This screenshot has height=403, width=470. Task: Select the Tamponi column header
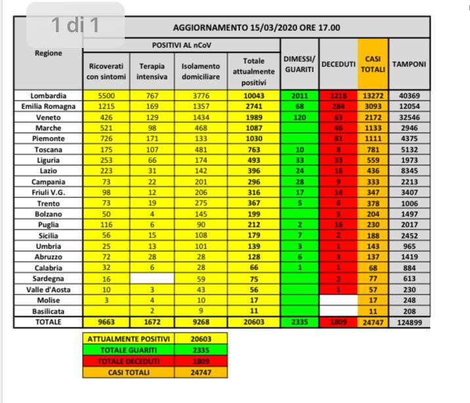point(408,64)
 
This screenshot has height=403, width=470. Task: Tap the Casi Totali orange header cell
point(372,64)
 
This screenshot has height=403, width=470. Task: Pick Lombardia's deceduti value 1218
point(338,95)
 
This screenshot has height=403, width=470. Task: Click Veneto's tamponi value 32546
point(408,116)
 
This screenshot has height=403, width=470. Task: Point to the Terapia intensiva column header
point(152,71)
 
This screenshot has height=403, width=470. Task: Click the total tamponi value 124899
point(408,322)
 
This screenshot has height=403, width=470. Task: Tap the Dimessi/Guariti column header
point(299,64)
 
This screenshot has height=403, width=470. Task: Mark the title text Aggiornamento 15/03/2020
point(256,28)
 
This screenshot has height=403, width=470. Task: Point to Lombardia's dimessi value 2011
point(299,95)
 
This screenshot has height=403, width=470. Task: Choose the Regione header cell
point(49,53)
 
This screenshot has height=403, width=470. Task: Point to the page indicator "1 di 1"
point(75,26)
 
